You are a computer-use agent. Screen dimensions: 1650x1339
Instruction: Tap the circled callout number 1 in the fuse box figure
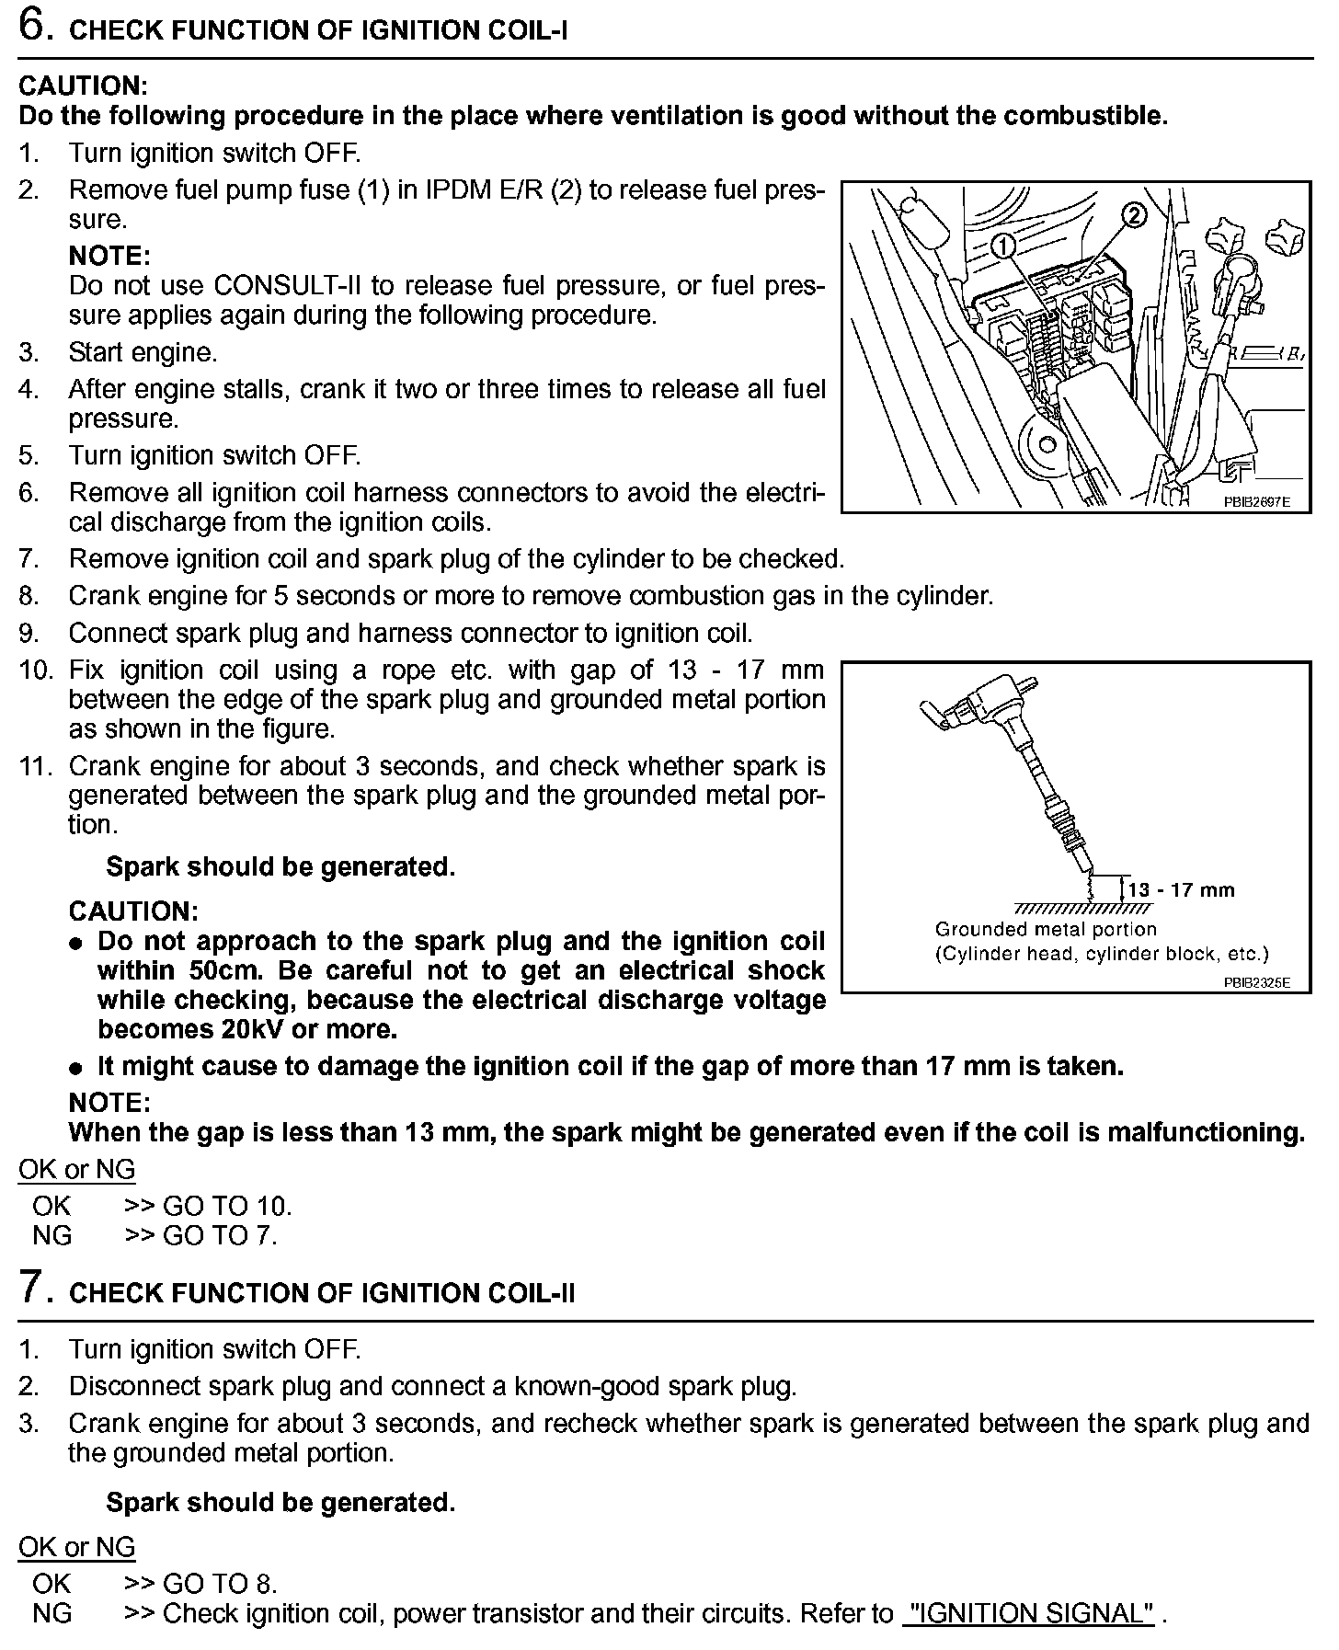(x=1004, y=246)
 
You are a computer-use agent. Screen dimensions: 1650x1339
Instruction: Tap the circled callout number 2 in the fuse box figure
(x=1133, y=216)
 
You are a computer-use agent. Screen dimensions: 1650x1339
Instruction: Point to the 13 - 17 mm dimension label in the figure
(x=1181, y=889)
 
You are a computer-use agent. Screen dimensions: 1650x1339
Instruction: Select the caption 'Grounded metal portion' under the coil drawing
(x=1046, y=929)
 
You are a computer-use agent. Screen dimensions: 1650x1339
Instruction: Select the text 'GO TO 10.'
(x=226, y=1206)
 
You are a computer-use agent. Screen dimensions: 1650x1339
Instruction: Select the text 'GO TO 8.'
(x=219, y=1583)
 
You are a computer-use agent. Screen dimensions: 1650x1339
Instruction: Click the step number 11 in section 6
(x=36, y=766)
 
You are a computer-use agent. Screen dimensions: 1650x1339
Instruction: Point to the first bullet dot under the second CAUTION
(x=78, y=944)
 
